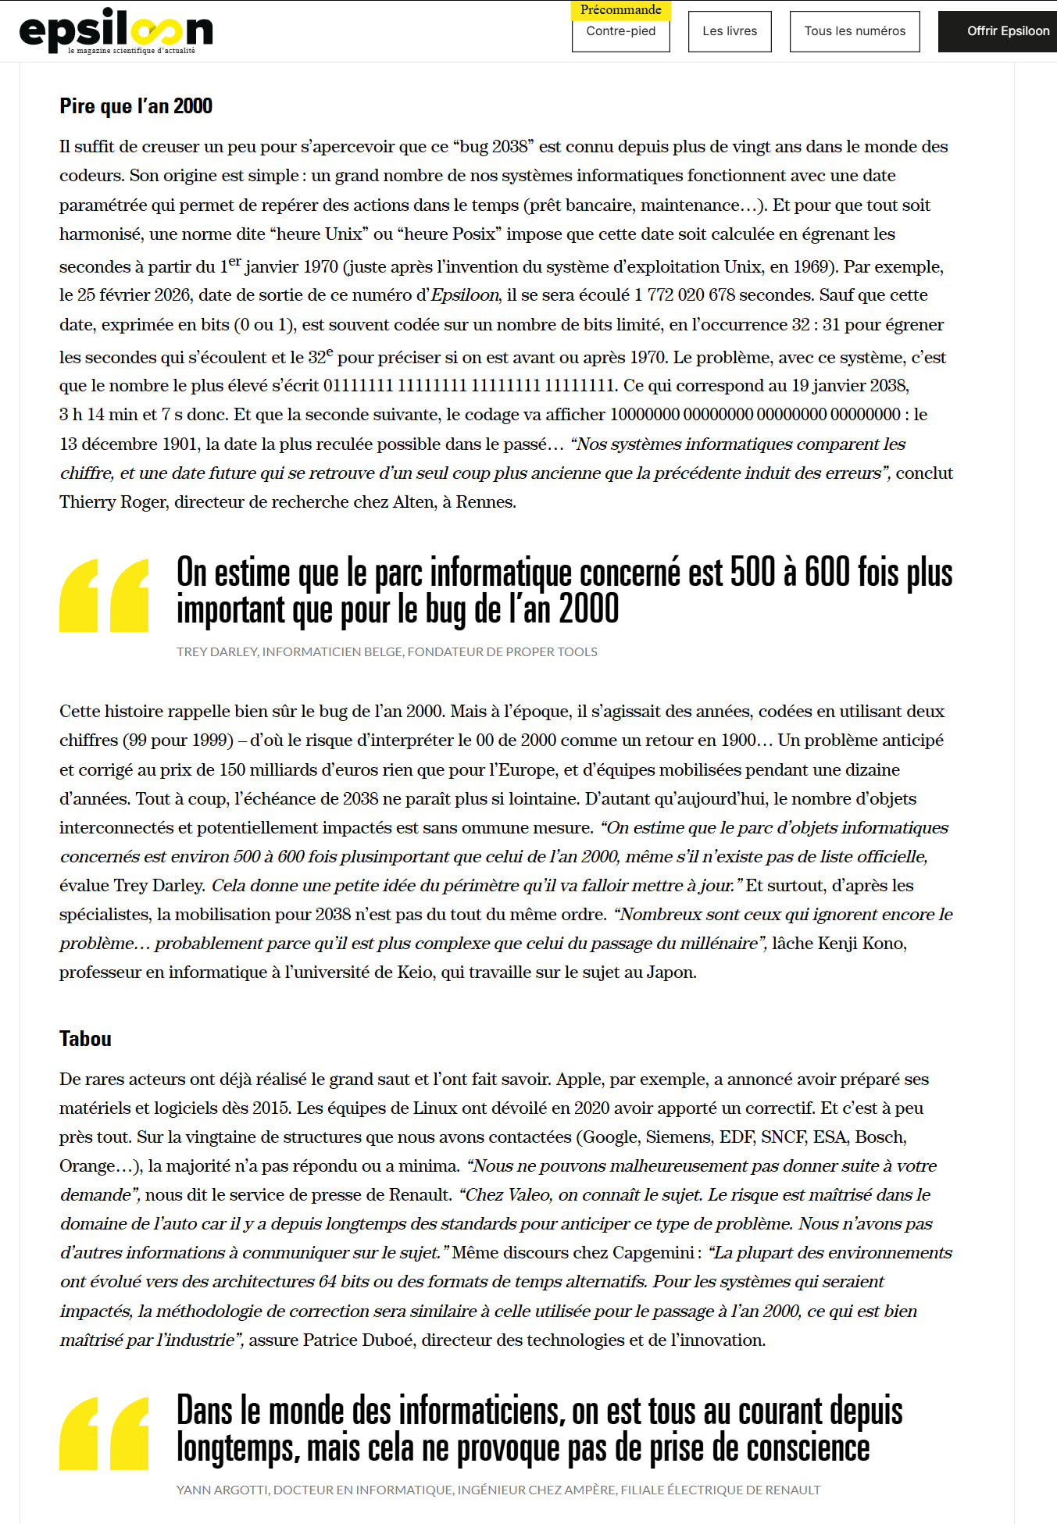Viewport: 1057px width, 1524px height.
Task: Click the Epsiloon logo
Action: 116,30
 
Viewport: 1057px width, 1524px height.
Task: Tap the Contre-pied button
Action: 620,32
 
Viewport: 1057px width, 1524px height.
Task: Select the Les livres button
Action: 729,31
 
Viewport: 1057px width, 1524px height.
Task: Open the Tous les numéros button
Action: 854,31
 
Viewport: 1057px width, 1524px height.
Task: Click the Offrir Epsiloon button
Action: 1007,31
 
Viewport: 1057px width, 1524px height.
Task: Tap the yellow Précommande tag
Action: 620,10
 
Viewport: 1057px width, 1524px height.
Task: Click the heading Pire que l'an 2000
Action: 136,106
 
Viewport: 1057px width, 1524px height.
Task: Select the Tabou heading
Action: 85,1039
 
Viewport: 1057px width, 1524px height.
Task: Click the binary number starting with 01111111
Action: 469,386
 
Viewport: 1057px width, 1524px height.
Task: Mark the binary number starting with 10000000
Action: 755,415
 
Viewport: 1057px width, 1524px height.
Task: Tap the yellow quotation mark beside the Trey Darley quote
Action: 104,595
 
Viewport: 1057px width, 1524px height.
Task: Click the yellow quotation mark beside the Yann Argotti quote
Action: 104,1433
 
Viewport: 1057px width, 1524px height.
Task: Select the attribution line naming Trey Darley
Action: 387,651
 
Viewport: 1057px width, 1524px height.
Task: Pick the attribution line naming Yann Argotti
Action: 498,1490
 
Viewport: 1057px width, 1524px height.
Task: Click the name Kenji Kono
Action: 861,944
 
